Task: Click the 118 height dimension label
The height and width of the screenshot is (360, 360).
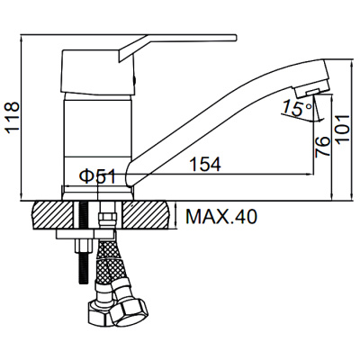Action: [x=13, y=117]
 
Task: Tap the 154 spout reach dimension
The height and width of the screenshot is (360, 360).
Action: [x=206, y=164]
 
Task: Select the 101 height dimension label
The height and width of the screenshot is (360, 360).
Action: [x=342, y=129]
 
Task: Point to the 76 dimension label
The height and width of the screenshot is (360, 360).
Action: [x=322, y=146]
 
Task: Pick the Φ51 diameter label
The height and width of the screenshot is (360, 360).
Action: [x=97, y=176]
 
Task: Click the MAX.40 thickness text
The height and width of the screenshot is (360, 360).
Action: [x=221, y=216]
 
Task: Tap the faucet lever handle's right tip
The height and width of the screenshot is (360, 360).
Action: [x=237, y=38]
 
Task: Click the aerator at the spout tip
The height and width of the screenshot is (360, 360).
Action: [x=308, y=92]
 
